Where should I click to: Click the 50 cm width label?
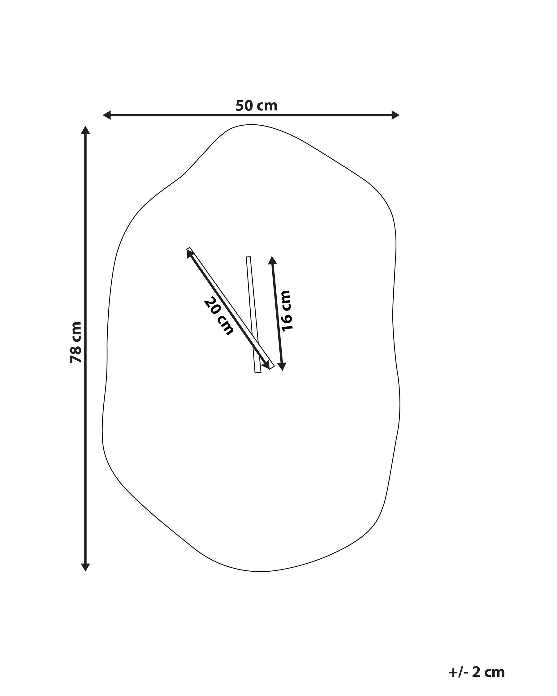[257, 106]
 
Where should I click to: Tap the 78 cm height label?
[76, 342]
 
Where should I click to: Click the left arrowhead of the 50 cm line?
[107, 115]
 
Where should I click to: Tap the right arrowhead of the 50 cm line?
[395, 115]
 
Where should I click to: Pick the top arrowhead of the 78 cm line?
[85, 130]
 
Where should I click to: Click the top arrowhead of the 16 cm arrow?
[272, 260]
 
